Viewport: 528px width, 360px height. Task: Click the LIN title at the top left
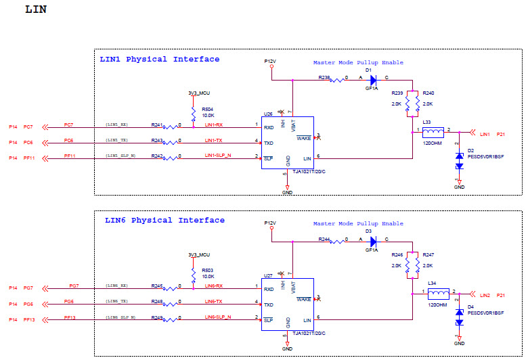point(35,10)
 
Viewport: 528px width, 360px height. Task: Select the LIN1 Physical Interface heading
point(159,60)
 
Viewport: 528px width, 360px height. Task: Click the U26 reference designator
point(267,114)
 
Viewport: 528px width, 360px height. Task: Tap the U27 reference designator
point(267,276)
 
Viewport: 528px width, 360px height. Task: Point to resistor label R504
point(207,108)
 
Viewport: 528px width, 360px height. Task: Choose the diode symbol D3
point(372,240)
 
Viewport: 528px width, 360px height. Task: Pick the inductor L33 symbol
point(433,132)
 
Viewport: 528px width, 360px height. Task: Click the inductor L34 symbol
point(438,294)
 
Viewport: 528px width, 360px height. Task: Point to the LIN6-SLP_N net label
point(217,317)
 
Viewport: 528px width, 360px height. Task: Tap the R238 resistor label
point(324,78)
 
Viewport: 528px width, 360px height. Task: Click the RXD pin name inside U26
point(269,127)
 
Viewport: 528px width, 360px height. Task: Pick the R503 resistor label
point(207,270)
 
